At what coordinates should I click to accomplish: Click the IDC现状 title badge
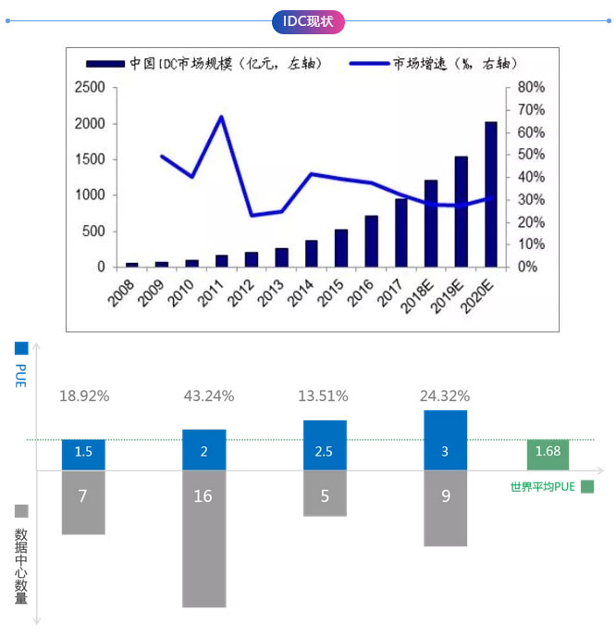coord(308,21)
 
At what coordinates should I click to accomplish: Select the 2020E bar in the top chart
coord(490,194)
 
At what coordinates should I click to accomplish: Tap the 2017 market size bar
coord(400,232)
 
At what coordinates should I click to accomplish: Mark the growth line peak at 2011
coord(222,117)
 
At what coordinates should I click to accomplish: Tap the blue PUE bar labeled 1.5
coord(83,453)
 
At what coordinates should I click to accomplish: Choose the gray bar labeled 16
coord(203,537)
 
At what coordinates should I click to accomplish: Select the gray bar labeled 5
coord(325,493)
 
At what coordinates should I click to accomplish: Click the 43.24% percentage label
coord(209,395)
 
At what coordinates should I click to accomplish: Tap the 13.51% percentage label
coord(324,395)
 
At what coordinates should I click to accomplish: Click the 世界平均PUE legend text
coord(543,487)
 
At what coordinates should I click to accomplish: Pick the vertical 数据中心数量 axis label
coord(21,565)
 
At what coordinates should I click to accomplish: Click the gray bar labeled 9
coord(445,507)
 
